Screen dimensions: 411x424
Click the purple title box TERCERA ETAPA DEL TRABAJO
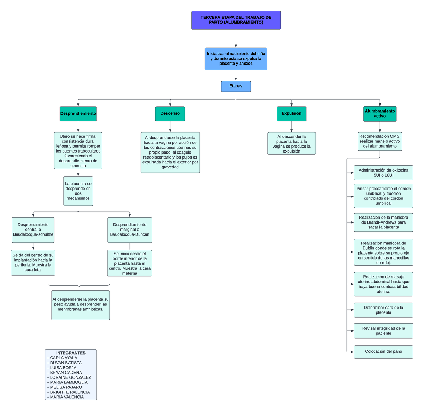tap(236, 20)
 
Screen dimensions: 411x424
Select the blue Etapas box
tap(236, 86)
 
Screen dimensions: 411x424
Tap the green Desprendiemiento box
tap(78, 114)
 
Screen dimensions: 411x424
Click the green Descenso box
tap(170, 114)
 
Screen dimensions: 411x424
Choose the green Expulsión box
tap(291, 114)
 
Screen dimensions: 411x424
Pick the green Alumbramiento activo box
tap(380, 114)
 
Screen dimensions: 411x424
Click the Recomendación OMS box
tap(380, 141)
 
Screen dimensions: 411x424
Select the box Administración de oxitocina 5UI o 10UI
tap(383, 173)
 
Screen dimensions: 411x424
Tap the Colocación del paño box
tap(383, 352)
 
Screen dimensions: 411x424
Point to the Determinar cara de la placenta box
tap(383, 310)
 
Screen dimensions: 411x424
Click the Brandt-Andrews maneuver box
tap(383, 222)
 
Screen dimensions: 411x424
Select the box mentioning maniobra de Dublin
tap(383, 252)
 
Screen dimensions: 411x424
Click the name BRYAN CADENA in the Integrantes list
tap(66, 373)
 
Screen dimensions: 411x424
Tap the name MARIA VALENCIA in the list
tap(67, 397)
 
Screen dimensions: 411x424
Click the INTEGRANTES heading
tap(71, 353)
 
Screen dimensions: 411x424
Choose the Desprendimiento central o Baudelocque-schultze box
tap(33, 230)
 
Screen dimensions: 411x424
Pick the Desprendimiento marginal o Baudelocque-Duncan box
tap(130, 230)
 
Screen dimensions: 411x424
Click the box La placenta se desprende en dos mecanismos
tap(78, 191)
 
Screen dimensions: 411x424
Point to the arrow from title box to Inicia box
tap(236, 39)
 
